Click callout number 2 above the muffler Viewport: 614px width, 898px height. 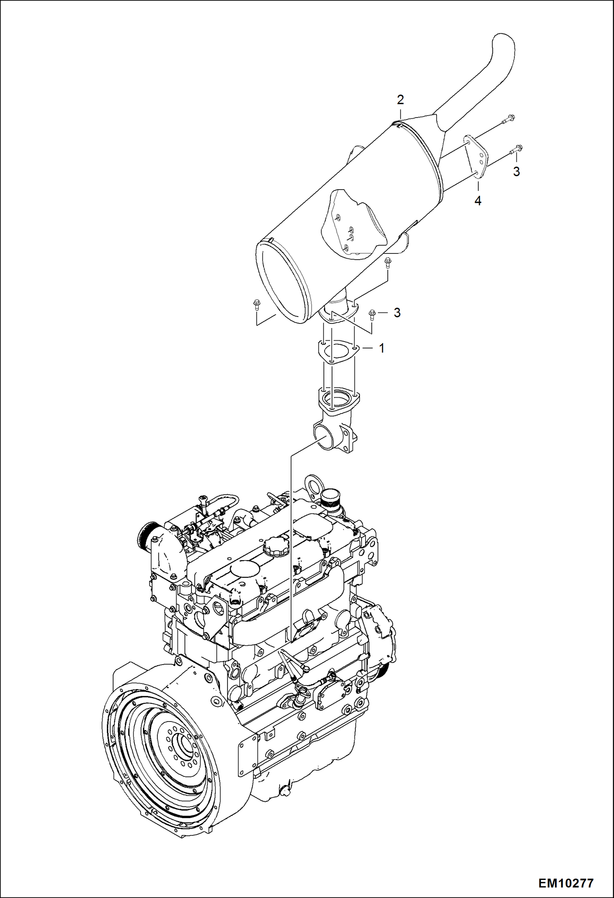[x=400, y=100]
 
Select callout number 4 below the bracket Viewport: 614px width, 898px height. [x=478, y=201]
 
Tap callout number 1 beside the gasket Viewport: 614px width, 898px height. [x=382, y=348]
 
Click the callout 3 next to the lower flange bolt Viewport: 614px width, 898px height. [x=396, y=312]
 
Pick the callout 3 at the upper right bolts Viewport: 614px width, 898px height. [x=516, y=171]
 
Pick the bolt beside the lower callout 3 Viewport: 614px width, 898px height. [x=372, y=314]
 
